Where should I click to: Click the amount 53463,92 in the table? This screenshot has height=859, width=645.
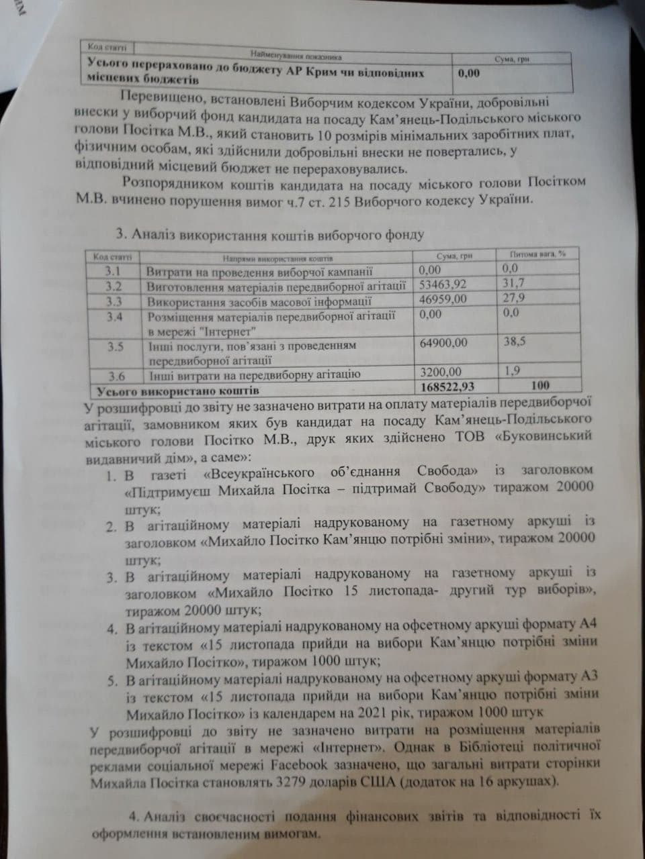442,285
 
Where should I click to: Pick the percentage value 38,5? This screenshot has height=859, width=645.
515,342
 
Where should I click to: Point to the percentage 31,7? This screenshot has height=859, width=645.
514,283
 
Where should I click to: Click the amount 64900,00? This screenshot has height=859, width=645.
443,343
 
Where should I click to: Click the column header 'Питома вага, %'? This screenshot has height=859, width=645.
538,254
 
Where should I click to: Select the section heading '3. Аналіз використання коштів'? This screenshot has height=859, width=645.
269,235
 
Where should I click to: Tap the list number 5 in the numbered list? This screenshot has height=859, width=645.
113,681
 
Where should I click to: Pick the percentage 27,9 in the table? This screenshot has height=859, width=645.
515,298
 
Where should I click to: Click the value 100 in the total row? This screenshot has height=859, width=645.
540,385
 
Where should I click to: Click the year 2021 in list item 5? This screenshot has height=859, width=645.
404,711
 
